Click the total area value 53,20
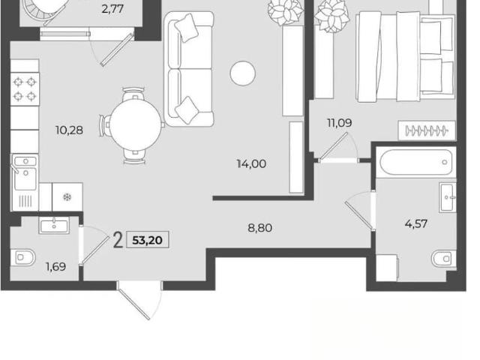(x=147, y=240)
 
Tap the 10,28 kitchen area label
(x=69, y=130)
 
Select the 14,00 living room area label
(x=251, y=163)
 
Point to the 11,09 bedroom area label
(x=340, y=123)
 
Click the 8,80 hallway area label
(x=260, y=228)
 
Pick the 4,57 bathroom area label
(x=415, y=223)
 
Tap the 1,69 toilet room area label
(x=55, y=267)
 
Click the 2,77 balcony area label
(x=112, y=9)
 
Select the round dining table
(x=135, y=125)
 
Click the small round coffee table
(x=243, y=73)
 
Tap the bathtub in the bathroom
(x=415, y=162)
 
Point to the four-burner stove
(x=25, y=89)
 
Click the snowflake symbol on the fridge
(x=67, y=197)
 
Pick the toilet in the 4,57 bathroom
(x=444, y=259)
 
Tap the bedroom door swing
(x=338, y=148)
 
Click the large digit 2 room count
(x=118, y=240)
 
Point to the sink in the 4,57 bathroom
(x=448, y=197)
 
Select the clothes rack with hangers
(x=427, y=130)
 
